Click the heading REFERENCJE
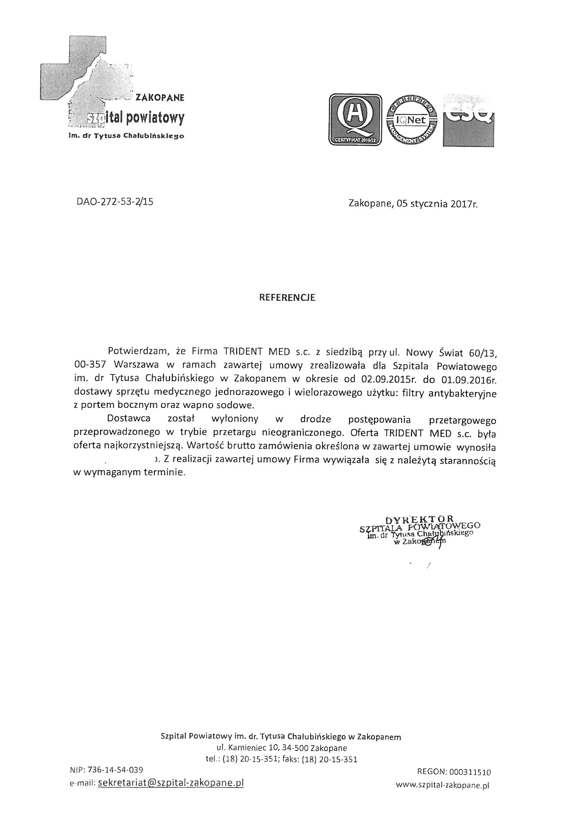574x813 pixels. point(287,298)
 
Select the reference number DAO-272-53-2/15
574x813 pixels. point(115,202)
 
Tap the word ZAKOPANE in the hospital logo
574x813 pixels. point(160,98)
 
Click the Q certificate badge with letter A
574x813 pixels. point(356,120)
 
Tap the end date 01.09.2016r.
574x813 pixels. point(467,379)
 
